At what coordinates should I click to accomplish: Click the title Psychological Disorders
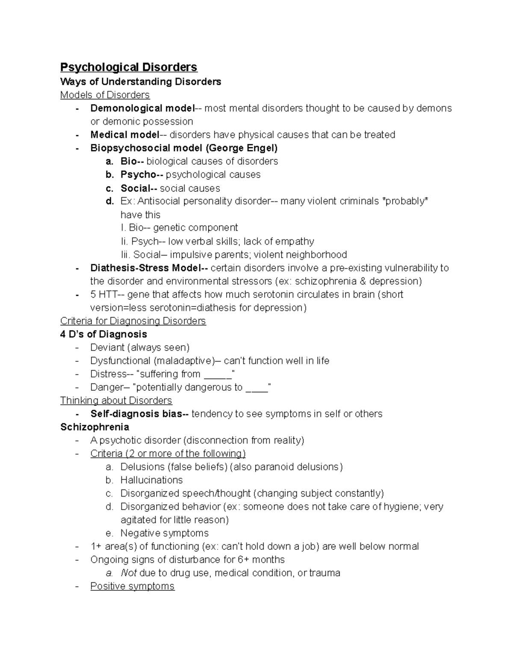(x=129, y=67)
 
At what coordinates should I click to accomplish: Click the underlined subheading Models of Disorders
(x=105, y=95)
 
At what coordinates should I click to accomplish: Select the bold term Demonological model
(x=142, y=108)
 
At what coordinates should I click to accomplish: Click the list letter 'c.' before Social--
(x=110, y=188)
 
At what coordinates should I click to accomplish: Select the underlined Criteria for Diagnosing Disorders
(x=133, y=321)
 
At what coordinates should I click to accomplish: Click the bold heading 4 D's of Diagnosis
(x=103, y=334)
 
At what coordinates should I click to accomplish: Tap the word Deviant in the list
(x=106, y=348)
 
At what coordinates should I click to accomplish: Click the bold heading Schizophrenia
(x=94, y=427)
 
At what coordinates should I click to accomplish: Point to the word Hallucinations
(x=151, y=480)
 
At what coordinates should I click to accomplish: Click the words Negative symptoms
(x=164, y=533)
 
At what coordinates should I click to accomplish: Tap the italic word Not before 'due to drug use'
(x=129, y=573)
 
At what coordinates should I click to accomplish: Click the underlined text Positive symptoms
(x=132, y=586)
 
